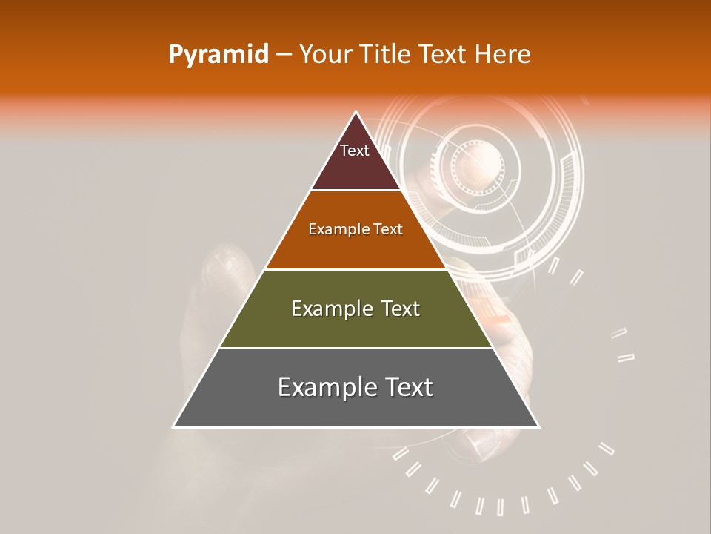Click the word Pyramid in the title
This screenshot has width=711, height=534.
coord(218,55)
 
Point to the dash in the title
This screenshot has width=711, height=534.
coord(284,55)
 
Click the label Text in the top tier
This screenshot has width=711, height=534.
coord(355,151)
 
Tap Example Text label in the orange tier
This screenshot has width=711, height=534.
coord(355,229)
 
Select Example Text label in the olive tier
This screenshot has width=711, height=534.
coord(355,309)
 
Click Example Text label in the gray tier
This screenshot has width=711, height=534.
coord(355,387)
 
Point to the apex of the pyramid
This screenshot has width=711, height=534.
coord(356,112)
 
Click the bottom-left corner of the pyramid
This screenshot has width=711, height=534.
coord(174,426)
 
